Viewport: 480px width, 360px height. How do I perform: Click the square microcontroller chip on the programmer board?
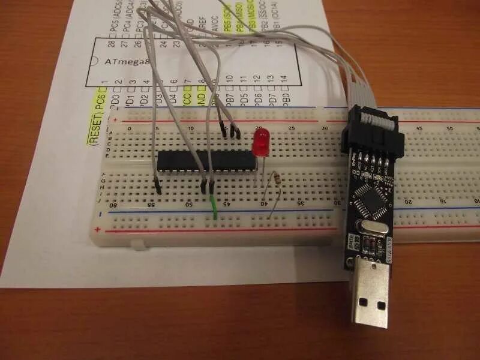click(x=370, y=197)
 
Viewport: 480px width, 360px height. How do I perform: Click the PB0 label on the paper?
click(x=286, y=95)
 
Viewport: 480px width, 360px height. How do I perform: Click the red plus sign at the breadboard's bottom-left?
click(x=98, y=230)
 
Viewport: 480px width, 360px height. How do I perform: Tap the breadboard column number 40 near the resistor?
click(x=264, y=204)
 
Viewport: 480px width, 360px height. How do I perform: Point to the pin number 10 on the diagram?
click(x=229, y=79)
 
